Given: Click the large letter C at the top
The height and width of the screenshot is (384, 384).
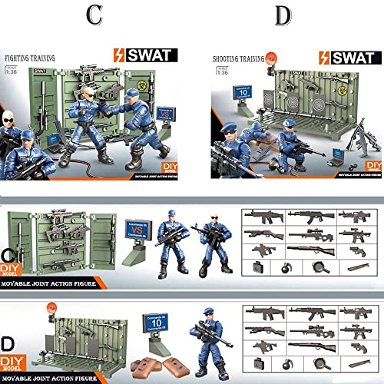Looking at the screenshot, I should [x=94, y=15].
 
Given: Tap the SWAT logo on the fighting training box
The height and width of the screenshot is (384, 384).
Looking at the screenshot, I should [x=146, y=55].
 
